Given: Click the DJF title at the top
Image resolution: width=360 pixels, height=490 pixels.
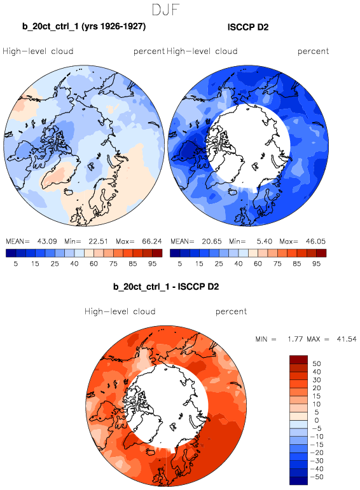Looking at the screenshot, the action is click(165, 10).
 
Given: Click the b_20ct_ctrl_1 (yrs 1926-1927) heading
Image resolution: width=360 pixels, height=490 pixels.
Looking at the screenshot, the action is click(84, 26).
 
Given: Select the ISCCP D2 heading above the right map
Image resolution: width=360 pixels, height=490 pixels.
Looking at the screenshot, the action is click(248, 27).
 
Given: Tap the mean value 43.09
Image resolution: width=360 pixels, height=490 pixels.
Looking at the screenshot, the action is click(47, 242).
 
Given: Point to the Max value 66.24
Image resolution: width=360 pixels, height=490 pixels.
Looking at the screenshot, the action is click(151, 242).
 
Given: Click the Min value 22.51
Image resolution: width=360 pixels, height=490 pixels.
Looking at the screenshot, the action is click(98, 242).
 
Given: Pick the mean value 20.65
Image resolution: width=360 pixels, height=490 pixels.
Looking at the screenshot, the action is click(211, 242).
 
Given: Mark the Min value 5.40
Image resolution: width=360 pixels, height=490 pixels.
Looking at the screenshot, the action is click(265, 242).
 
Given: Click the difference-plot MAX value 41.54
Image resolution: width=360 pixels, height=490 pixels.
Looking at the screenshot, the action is click(347, 339).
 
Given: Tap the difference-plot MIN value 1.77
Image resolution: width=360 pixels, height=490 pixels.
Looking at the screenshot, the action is click(295, 339).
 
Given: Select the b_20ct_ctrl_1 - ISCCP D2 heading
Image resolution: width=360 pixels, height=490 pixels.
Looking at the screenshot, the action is click(166, 287).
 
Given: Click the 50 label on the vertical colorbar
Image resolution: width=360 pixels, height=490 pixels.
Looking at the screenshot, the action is click(317, 364).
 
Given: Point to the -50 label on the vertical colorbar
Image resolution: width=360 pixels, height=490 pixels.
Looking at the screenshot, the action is click(317, 477).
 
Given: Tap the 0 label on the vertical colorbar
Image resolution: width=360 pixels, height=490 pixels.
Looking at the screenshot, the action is click(317, 420).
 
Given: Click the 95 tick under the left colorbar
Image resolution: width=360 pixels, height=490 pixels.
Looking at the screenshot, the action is click(152, 264).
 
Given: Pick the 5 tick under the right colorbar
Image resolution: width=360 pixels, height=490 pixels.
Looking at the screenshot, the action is click(179, 264).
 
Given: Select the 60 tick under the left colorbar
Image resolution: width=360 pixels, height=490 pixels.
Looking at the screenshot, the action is click(93, 264).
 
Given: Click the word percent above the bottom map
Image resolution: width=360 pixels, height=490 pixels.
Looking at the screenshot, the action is click(231, 311).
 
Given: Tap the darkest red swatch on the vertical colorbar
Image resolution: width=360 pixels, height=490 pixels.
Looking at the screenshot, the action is click(298, 359).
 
